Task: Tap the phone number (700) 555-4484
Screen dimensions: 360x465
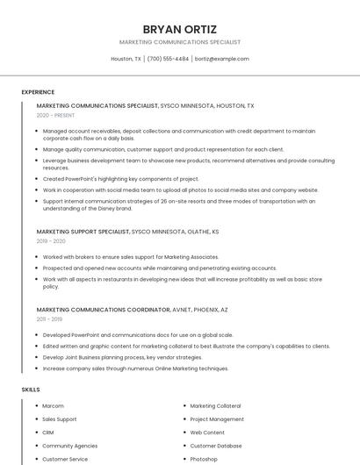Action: click(x=168, y=59)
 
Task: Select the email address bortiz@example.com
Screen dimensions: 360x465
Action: click(x=221, y=59)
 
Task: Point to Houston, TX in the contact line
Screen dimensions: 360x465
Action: click(x=126, y=59)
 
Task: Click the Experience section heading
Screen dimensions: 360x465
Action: click(x=38, y=92)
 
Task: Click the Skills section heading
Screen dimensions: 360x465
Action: click(x=31, y=389)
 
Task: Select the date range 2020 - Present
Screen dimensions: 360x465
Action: click(x=55, y=115)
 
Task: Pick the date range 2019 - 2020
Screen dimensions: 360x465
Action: click(x=51, y=240)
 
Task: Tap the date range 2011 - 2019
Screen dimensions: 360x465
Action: click(x=50, y=319)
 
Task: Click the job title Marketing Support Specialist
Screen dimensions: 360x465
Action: click(x=83, y=232)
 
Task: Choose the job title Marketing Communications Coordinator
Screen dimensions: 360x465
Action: click(x=104, y=310)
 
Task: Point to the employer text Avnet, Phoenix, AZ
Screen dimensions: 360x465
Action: click(x=200, y=310)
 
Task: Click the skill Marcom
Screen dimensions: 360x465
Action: click(x=53, y=406)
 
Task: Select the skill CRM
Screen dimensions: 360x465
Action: click(x=48, y=433)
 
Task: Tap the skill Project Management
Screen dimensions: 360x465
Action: click(x=217, y=419)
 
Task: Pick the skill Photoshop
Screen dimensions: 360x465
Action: click(x=204, y=459)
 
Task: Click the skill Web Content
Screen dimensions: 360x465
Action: click(x=207, y=433)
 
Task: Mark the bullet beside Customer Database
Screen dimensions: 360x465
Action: click(x=184, y=446)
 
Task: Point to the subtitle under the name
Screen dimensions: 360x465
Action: click(x=179, y=42)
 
